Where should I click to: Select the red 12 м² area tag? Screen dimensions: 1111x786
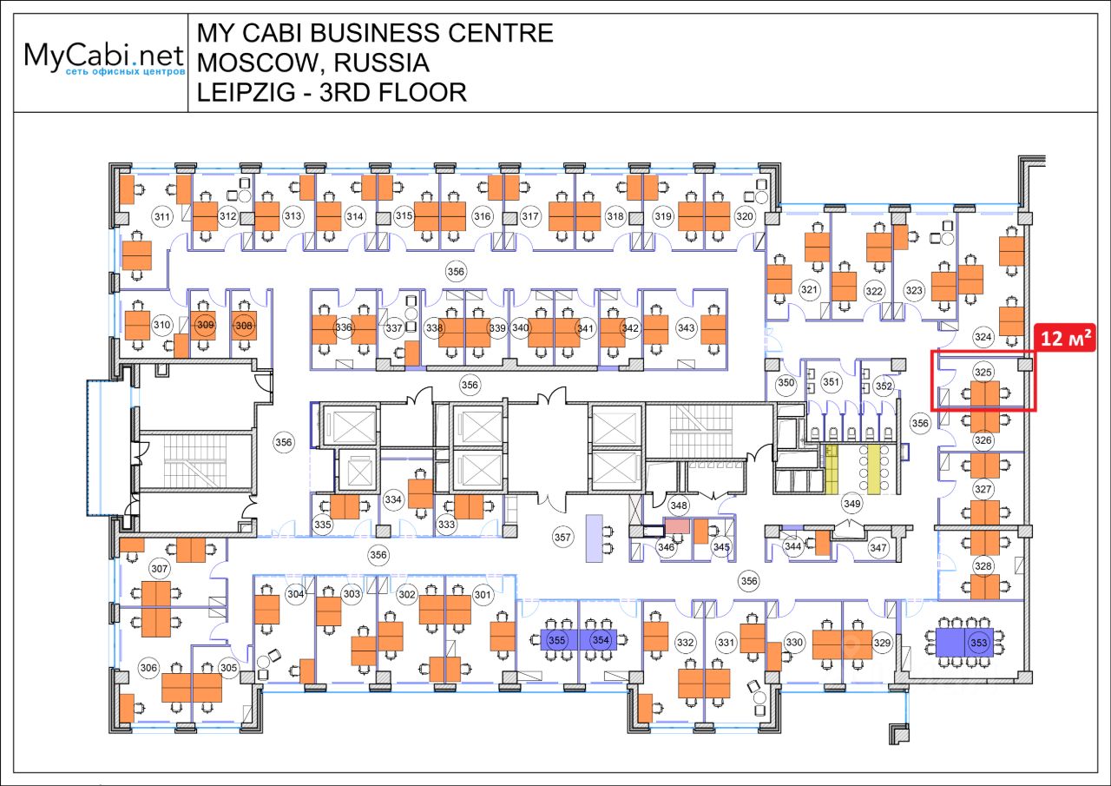pyautogui.click(x=1066, y=338)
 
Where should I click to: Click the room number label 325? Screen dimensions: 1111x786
pyautogui.click(x=983, y=372)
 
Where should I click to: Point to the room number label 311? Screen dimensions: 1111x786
pyautogui.click(x=161, y=215)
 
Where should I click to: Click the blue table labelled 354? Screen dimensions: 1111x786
pyautogui.click(x=600, y=641)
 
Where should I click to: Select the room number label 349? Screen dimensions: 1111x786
pyautogui.click(x=851, y=503)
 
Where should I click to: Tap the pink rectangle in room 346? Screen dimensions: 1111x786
pyautogui.click(x=677, y=525)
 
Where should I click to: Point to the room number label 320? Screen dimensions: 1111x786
pyautogui.click(x=744, y=215)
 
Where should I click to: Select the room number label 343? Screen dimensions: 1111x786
pyautogui.click(x=686, y=327)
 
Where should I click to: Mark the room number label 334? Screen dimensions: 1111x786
pyautogui.click(x=393, y=499)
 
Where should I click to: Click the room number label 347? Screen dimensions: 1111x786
pyautogui.click(x=878, y=548)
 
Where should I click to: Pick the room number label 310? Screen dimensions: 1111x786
pyautogui.click(x=161, y=326)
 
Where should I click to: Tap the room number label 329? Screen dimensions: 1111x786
pyautogui.click(x=882, y=643)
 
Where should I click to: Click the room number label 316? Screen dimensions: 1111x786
pyautogui.click(x=483, y=215)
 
